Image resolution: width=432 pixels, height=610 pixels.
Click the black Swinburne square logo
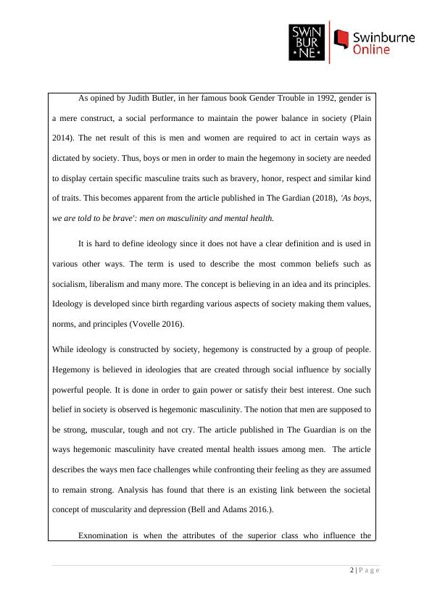tap(307, 41)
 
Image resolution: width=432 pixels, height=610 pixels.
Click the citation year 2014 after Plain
tap(65, 117)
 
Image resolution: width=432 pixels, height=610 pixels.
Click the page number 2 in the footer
tap(352, 571)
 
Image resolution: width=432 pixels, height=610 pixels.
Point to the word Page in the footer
tap(370, 571)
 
